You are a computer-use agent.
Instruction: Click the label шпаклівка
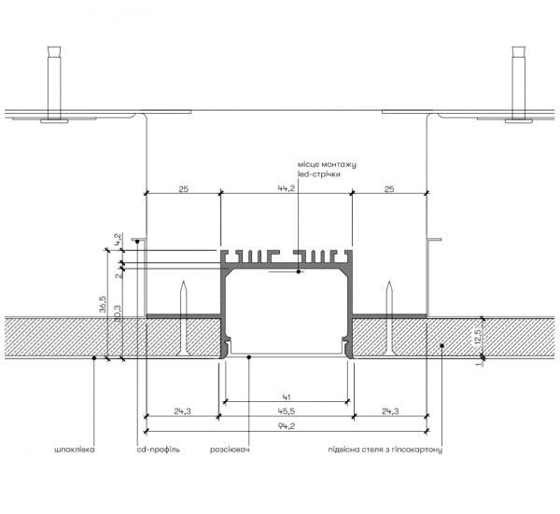(75, 450)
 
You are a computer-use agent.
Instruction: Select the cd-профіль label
(159, 450)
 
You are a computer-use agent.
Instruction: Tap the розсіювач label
(230, 450)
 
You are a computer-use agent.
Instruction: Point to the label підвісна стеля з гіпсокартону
(385, 450)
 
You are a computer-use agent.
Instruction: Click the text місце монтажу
(327, 164)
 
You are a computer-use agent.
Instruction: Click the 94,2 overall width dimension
(287, 426)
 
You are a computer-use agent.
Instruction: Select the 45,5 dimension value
(287, 411)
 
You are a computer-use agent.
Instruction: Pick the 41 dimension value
(287, 396)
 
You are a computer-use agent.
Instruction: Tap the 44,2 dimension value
(287, 188)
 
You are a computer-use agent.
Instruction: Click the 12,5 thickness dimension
(479, 337)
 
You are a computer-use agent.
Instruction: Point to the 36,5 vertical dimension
(103, 304)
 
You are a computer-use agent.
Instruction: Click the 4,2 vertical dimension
(118, 239)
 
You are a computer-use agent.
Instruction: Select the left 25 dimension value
(183, 188)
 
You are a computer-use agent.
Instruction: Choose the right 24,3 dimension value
(390, 411)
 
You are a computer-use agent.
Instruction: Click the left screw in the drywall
(183, 318)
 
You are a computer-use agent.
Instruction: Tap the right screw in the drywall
(389, 318)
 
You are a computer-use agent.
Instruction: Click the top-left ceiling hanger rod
(54, 85)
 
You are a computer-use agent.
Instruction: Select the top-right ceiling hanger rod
(519, 85)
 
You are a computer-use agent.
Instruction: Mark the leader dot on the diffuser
(249, 356)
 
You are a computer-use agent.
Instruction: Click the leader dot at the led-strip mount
(299, 272)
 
